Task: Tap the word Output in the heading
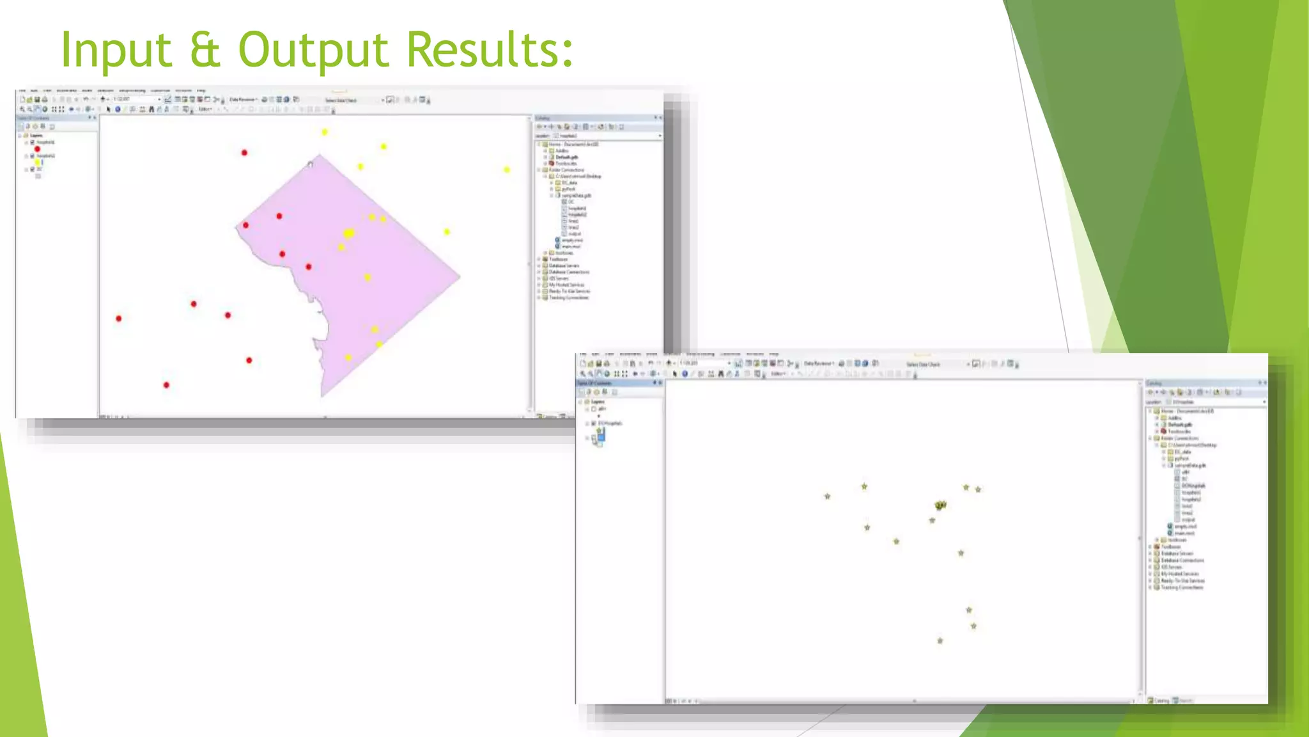tap(313, 50)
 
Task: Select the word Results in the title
tap(490, 50)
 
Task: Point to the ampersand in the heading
tap(205, 50)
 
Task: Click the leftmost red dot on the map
tap(119, 319)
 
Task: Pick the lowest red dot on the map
tap(166, 385)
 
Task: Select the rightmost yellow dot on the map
tap(507, 170)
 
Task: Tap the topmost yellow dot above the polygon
tap(325, 132)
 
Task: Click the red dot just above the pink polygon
tap(244, 153)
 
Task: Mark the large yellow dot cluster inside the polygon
tap(348, 234)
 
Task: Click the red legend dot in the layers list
tap(37, 149)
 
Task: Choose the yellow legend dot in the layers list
tap(38, 162)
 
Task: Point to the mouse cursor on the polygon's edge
tap(311, 165)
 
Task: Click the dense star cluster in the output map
tap(940, 505)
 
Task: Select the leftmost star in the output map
tap(828, 496)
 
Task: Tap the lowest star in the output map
tap(940, 640)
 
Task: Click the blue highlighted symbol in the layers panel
tap(600, 436)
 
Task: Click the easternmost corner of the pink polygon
tap(460, 277)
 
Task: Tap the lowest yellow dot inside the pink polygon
tap(348, 358)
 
